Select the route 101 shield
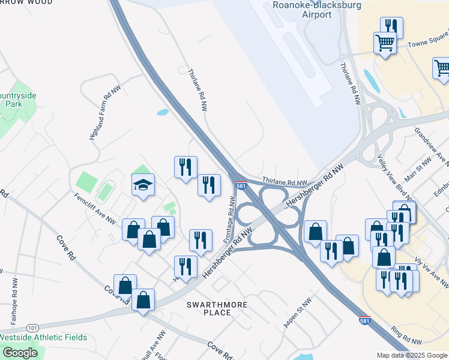32,328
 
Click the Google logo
20,353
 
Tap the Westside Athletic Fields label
43,337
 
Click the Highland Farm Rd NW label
100,113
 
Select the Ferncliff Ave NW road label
95,208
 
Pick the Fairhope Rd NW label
13,294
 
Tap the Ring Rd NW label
408,337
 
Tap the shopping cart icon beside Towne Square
385,43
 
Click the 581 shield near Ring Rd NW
364,320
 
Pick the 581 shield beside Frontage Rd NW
241,186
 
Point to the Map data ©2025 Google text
411,355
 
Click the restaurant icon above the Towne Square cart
391,26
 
